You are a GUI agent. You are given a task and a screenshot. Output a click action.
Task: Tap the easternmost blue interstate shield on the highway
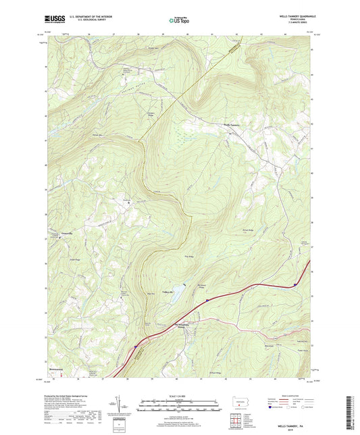[x=295, y=286]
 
